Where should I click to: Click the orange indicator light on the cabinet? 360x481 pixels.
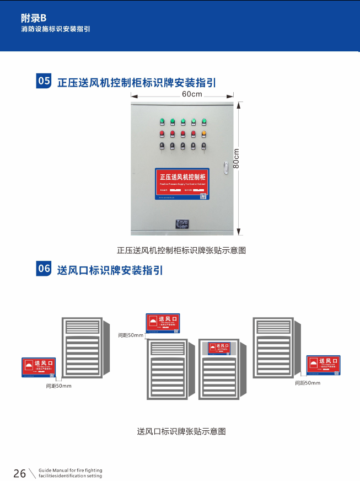(x=204, y=133)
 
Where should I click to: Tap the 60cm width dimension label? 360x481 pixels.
(x=192, y=94)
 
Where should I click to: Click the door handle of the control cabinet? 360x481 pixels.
(x=225, y=167)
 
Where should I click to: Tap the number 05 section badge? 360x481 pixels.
(x=44, y=82)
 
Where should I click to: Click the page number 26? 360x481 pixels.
(x=19, y=473)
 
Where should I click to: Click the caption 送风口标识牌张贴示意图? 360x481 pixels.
(x=181, y=431)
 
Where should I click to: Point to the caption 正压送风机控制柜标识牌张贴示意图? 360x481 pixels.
(x=181, y=250)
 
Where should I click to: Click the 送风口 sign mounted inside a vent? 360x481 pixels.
(x=219, y=348)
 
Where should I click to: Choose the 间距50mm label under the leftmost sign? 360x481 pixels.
(x=59, y=386)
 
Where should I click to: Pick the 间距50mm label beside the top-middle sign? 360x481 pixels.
(x=131, y=335)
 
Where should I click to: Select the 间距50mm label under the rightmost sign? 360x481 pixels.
(x=308, y=383)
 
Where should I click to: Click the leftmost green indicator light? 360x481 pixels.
(x=162, y=121)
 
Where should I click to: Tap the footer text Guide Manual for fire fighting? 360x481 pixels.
(x=71, y=471)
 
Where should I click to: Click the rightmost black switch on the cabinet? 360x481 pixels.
(x=204, y=146)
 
